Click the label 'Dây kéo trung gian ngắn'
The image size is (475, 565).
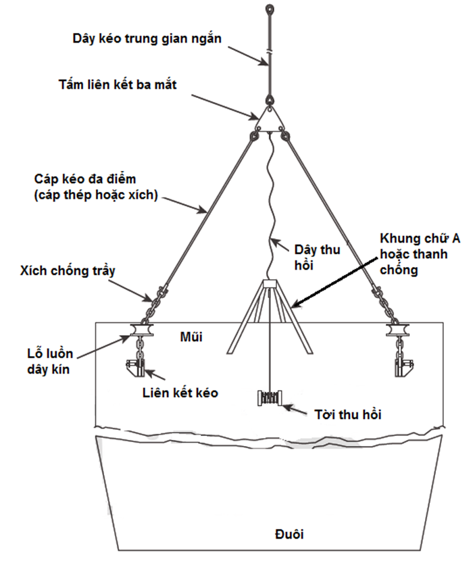(147, 38)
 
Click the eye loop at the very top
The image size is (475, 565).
(269, 9)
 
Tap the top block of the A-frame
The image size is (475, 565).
(269, 283)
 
